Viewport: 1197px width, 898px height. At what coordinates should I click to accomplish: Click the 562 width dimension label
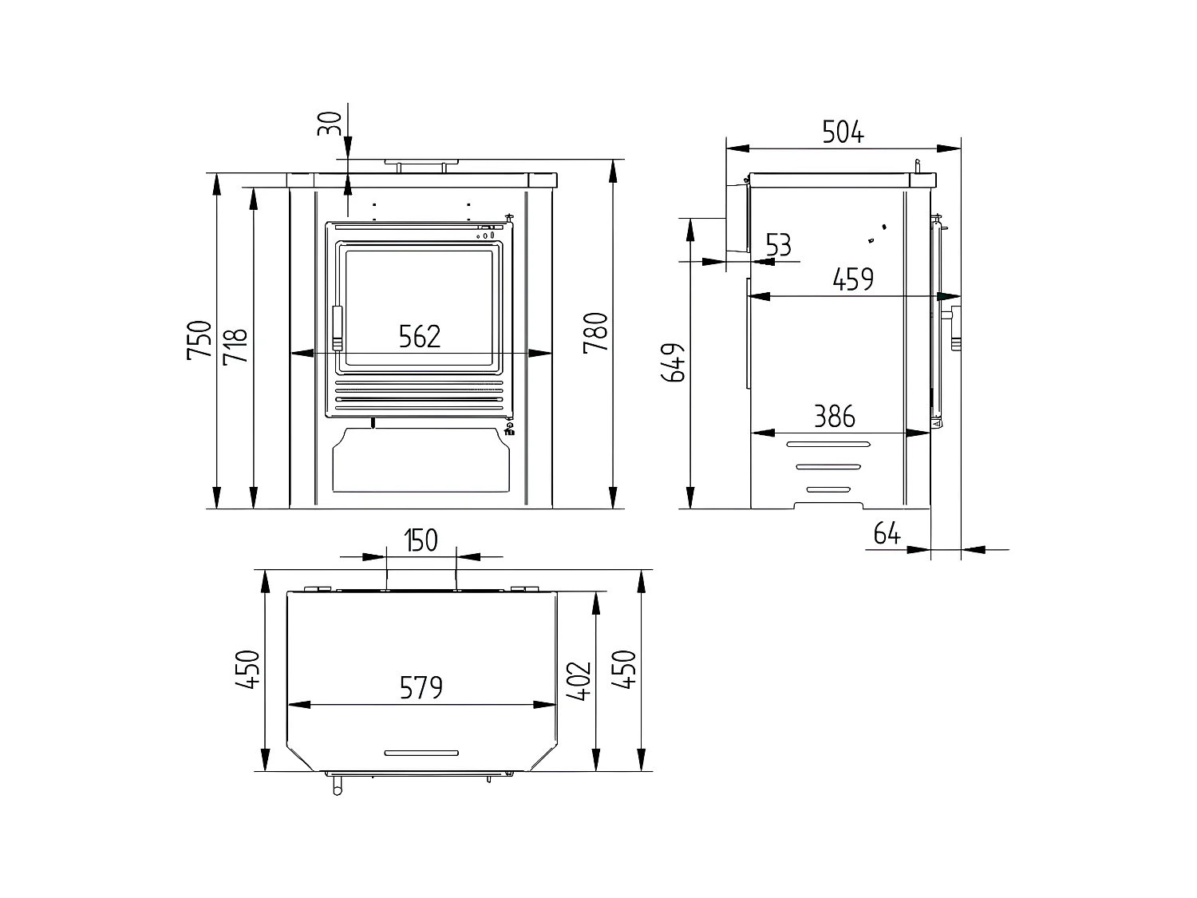420,337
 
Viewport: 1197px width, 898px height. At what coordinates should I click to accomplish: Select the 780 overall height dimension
596,334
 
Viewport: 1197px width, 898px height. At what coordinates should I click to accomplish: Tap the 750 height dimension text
199,340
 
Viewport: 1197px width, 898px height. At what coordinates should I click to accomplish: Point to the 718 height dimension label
235,346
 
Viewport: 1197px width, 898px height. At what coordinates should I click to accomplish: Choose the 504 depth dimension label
843,133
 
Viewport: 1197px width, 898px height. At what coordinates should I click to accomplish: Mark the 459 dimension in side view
853,280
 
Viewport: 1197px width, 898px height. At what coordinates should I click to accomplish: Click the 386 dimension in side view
834,417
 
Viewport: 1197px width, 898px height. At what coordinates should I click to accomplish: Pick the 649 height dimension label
675,363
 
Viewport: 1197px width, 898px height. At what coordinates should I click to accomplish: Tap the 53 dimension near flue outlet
778,245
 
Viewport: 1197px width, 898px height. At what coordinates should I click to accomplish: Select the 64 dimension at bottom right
887,533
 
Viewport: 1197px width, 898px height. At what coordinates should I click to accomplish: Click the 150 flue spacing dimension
421,540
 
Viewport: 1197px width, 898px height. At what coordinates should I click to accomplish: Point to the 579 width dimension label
421,687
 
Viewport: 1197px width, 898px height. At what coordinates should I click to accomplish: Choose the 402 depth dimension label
580,680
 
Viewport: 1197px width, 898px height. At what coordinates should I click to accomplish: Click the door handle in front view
337,328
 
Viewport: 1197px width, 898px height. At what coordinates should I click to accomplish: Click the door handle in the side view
954,327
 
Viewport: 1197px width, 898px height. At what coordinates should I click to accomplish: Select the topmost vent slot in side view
828,444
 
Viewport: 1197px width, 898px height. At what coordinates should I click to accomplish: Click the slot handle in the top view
421,753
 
